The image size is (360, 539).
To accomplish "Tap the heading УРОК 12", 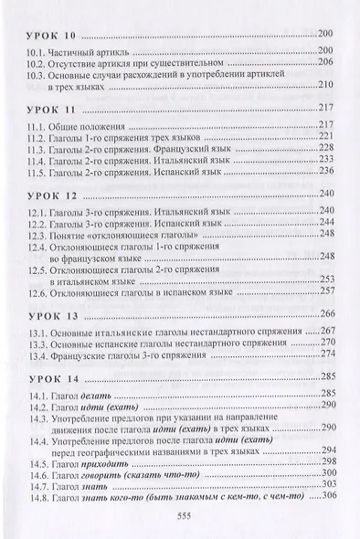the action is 50,194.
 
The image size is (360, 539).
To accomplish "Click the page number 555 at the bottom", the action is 180,515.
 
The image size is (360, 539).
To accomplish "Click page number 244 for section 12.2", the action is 328,223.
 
